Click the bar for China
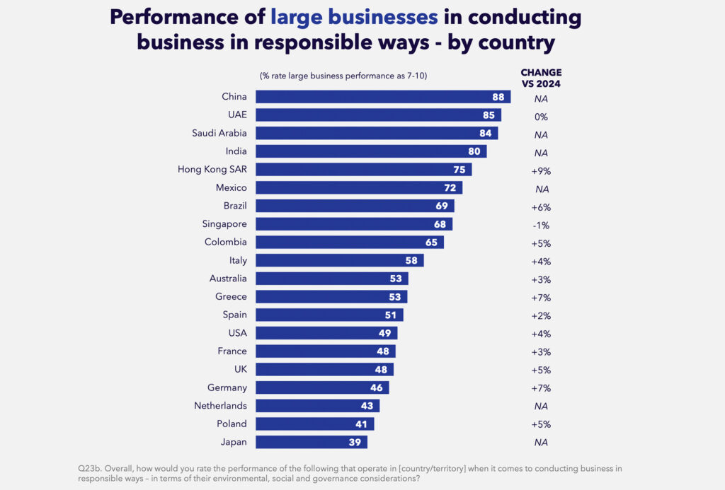(382, 97)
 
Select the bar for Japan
(311, 442)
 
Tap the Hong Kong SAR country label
(212, 170)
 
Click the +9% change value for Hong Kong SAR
(542, 170)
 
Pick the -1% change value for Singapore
(542, 225)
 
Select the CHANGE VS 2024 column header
(541, 78)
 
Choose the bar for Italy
(339, 260)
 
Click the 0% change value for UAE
(542, 116)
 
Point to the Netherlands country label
(220, 406)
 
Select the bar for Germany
(321, 387)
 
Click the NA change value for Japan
(542, 443)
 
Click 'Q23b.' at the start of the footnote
(90, 468)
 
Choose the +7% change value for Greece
(542, 297)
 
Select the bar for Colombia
(349, 242)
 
